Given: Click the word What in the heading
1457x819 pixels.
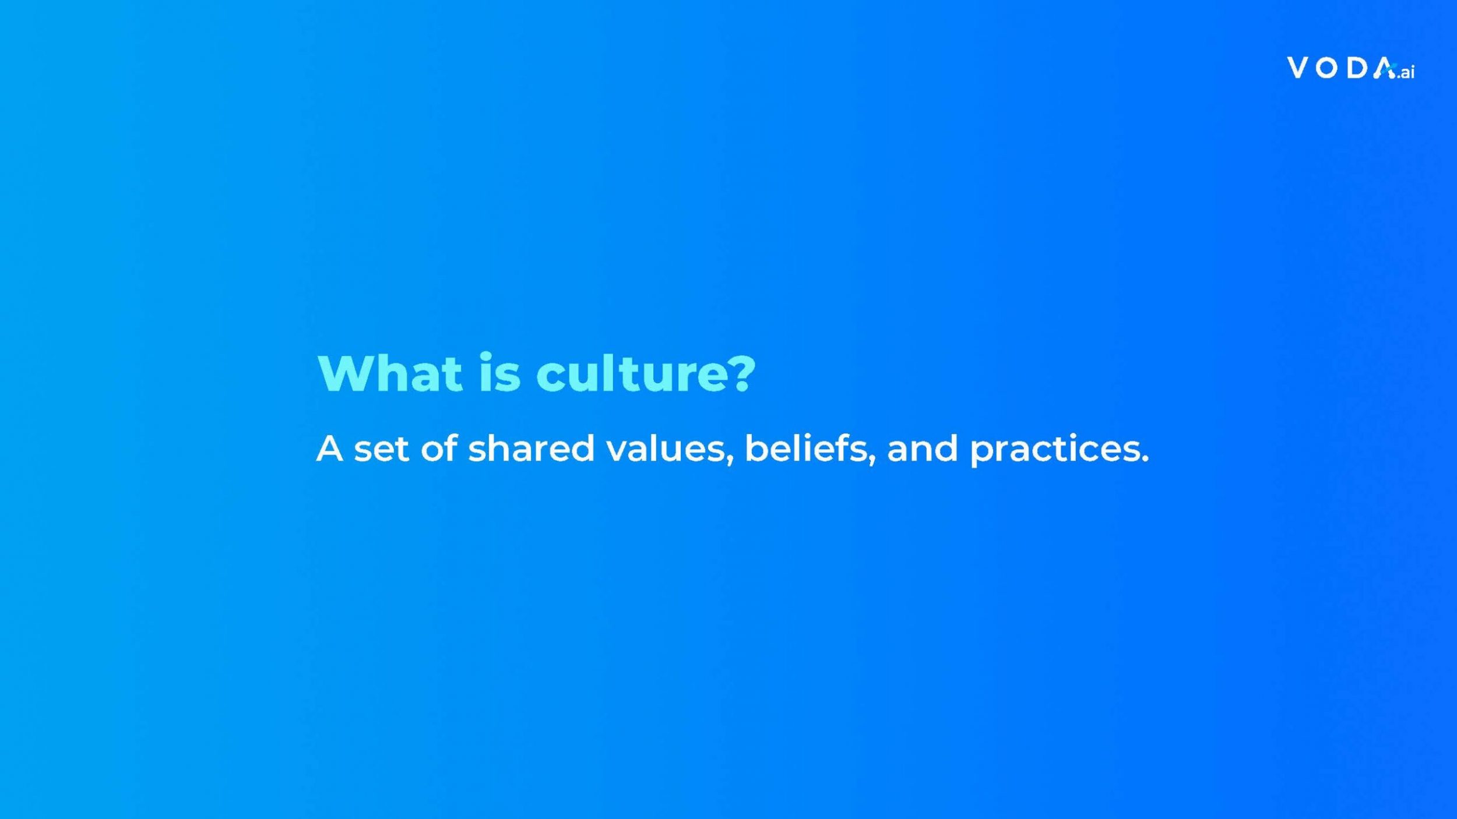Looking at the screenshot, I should [390, 373].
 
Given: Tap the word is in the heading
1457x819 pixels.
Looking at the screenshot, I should [499, 373].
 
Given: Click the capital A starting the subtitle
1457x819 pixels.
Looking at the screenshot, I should [329, 449].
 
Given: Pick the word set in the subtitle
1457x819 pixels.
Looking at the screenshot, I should [381, 449].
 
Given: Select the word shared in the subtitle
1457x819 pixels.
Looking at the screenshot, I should [531, 449].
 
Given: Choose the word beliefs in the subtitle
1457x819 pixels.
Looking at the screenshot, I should [805, 449].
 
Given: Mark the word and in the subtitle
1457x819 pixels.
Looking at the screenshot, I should [922, 449].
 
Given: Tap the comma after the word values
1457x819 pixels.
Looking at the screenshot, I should [730, 461].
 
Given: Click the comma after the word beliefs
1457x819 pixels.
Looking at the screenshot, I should [872, 461].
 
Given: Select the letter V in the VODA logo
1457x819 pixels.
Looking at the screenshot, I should [1298, 68].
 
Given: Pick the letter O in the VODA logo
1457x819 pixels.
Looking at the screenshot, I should [1327, 68].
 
